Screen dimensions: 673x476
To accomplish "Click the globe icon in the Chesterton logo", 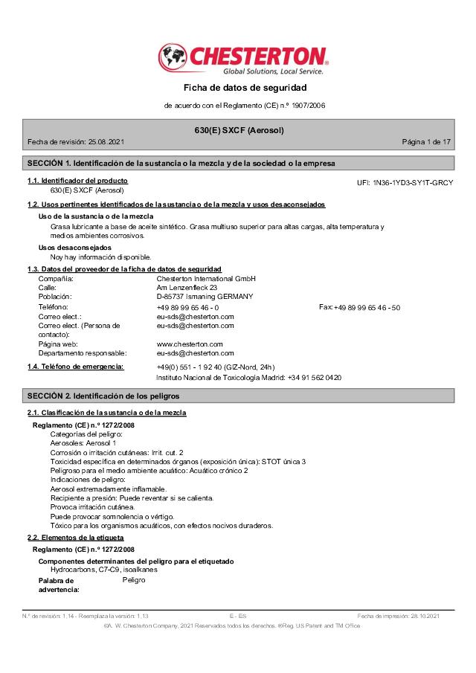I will click(x=173, y=57).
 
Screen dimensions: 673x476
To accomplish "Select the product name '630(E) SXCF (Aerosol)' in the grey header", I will click(x=239, y=130).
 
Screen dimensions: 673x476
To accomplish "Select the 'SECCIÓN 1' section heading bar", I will click(x=239, y=163).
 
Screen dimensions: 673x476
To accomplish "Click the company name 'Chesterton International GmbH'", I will click(x=206, y=279).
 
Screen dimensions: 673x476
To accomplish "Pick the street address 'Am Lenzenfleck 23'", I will click(x=187, y=288).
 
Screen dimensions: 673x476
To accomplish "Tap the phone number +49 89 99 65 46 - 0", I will click(x=187, y=307).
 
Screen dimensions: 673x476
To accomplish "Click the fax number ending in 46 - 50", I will click(x=367, y=307).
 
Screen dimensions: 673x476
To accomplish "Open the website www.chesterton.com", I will click(x=190, y=344).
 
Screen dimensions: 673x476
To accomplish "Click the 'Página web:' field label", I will click(x=58, y=344).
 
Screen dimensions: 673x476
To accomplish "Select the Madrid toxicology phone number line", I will click(x=248, y=377).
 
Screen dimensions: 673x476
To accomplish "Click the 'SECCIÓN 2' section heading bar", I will click(x=239, y=396).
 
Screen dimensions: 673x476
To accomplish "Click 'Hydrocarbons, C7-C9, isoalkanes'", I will click(x=103, y=569).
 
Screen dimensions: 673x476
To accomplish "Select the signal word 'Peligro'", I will click(x=134, y=579).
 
